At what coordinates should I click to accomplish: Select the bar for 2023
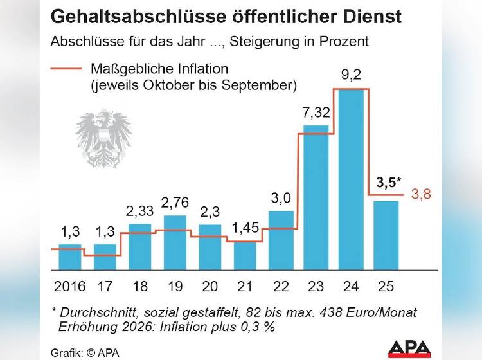click(316, 197)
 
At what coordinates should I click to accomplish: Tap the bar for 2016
click(70, 256)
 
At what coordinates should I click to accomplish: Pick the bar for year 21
click(245, 255)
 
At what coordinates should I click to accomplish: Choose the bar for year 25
click(386, 235)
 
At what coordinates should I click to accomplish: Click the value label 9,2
click(350, 75)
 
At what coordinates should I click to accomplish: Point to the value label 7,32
click(316, 113)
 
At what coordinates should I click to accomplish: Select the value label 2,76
click(175, 203)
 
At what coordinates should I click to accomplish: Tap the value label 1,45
click(245, 228)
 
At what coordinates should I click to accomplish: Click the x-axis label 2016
click(70, 287)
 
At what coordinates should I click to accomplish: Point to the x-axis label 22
click(280, 287)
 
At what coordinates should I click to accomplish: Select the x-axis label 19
click(175, 287)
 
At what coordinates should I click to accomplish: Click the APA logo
click(409, 348)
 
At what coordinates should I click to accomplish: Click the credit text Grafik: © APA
click(85, 352)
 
